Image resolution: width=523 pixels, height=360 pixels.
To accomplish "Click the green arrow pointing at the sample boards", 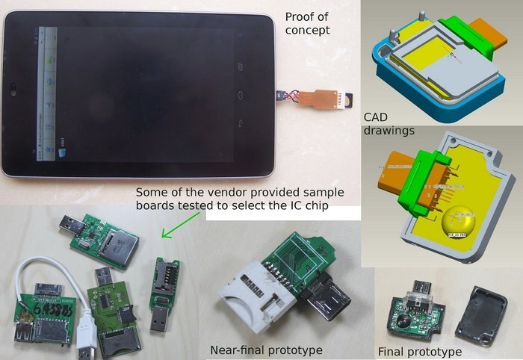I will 179,226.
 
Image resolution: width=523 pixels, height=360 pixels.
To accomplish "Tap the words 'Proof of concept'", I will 309,24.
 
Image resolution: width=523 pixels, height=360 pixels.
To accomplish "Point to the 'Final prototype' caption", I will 419,351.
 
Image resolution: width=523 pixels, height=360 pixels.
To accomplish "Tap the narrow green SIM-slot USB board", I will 164,280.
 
